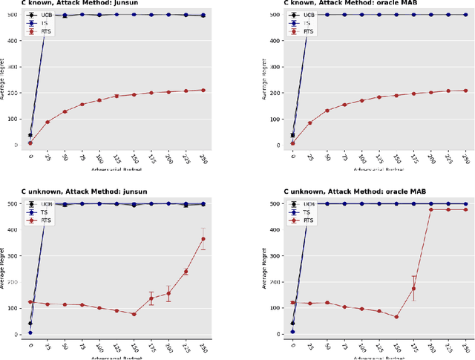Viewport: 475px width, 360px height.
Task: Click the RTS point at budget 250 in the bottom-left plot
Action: coord(203,239)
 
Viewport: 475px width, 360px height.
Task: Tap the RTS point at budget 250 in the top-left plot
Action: coord(203,90)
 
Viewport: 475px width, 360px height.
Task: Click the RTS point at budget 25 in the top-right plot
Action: coord(309,123)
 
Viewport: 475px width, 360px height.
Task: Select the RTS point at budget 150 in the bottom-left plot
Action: coord(134,314)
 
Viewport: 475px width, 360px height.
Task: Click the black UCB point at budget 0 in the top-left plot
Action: coord(30,135)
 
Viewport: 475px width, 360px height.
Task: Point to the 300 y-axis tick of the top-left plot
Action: coord(16,66)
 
